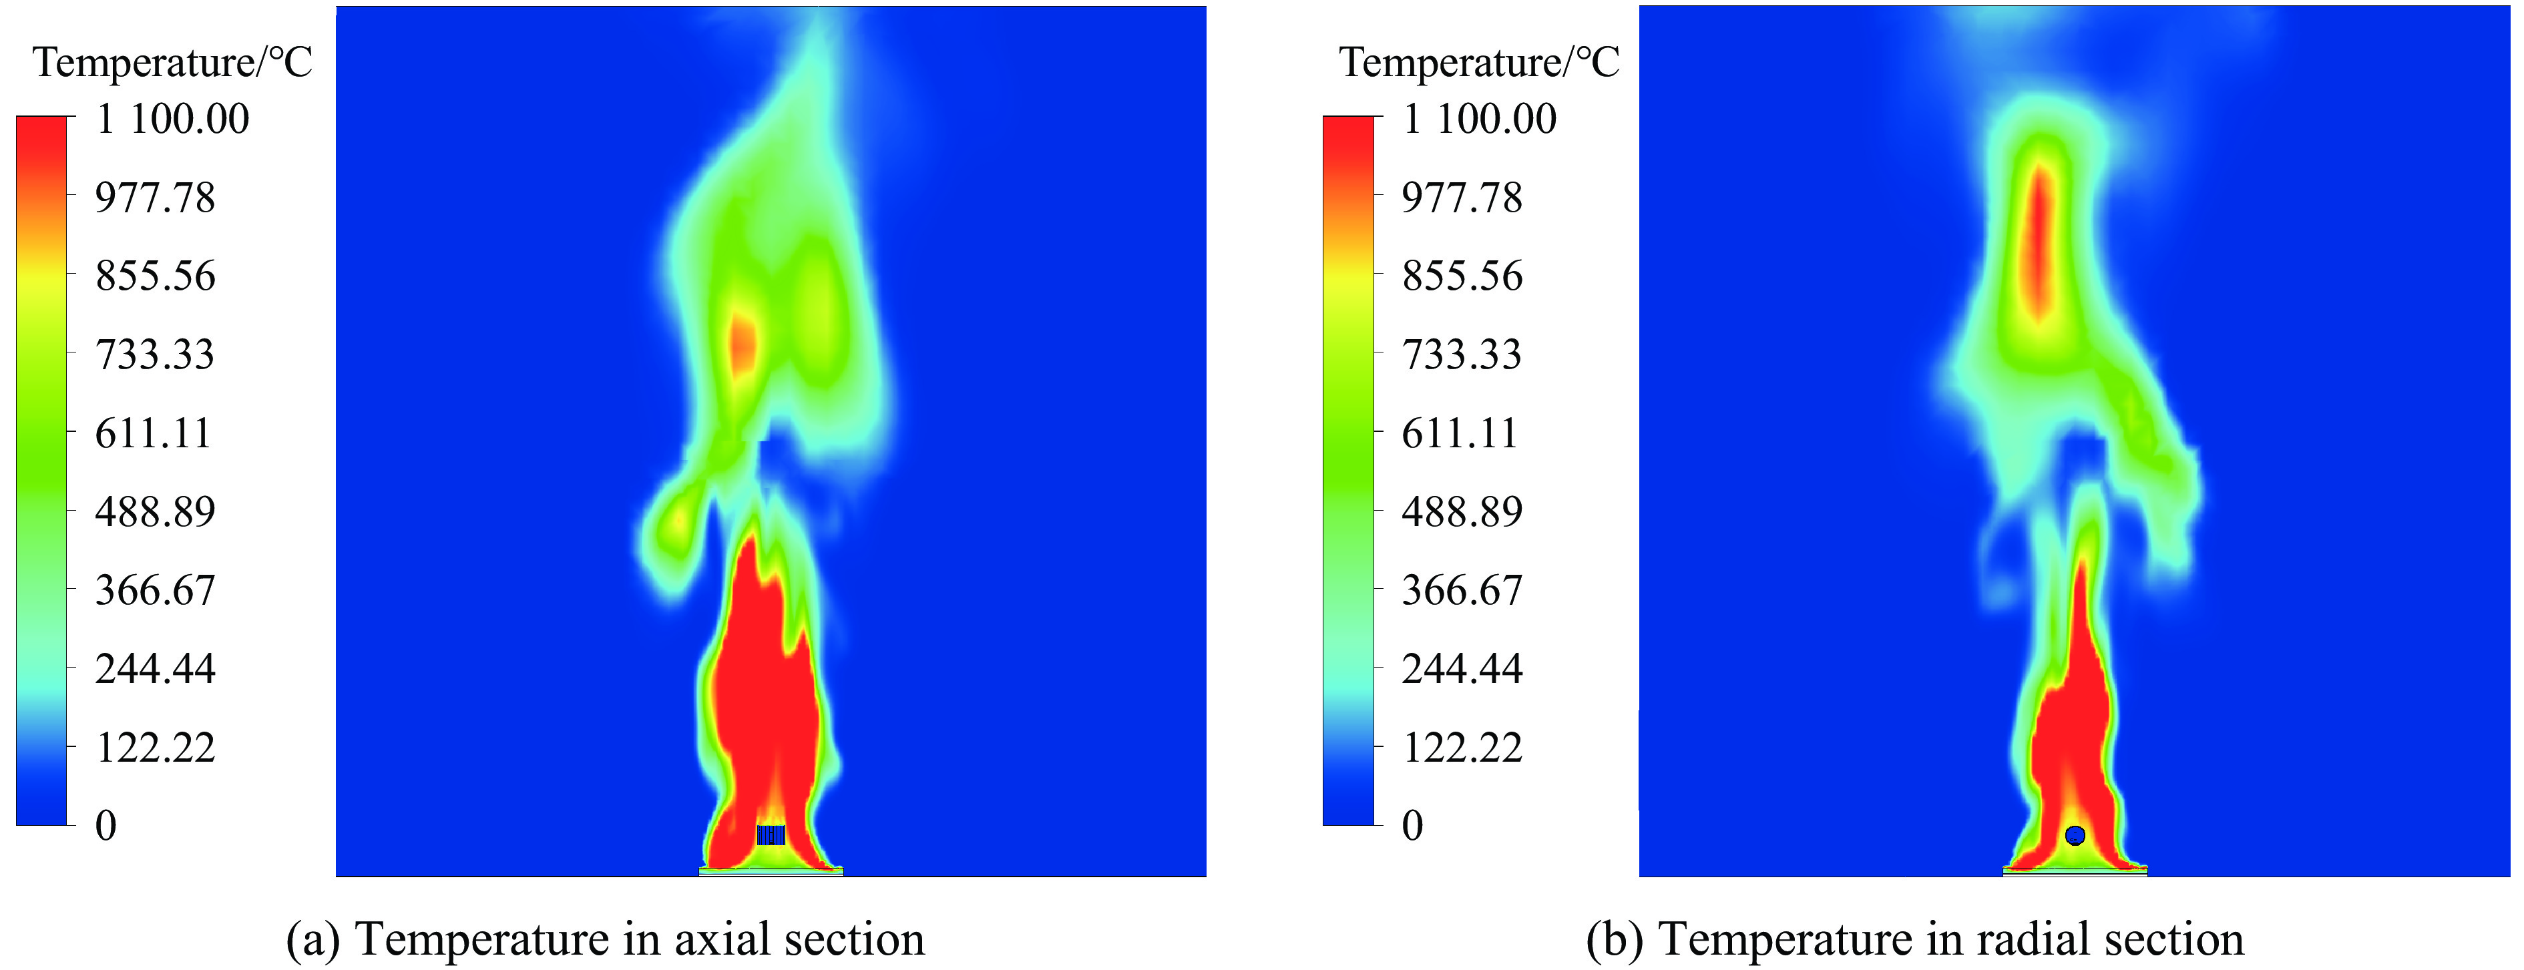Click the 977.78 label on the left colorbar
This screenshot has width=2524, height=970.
coord(155,198)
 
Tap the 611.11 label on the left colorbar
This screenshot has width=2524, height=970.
coord(153,433)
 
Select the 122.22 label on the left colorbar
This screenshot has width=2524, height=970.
coord(155,748)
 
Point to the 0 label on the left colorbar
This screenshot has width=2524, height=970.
coord(106,826)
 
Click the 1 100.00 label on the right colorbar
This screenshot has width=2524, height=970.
coord(1480,119)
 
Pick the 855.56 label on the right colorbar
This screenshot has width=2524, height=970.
coord(1462,276)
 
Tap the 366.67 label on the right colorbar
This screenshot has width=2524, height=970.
coord(1462,591)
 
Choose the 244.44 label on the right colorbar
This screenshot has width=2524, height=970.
coord(1462,669)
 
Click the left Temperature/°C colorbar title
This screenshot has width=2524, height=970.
coord(172,63)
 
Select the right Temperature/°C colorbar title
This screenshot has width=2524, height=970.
coord(1480,63)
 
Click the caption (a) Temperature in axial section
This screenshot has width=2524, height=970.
coord(604,939)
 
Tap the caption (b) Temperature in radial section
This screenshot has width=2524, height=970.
coord(1914,939)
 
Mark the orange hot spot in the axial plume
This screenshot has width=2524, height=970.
coord(744,343)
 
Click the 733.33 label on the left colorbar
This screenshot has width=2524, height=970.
coord(155,354)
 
